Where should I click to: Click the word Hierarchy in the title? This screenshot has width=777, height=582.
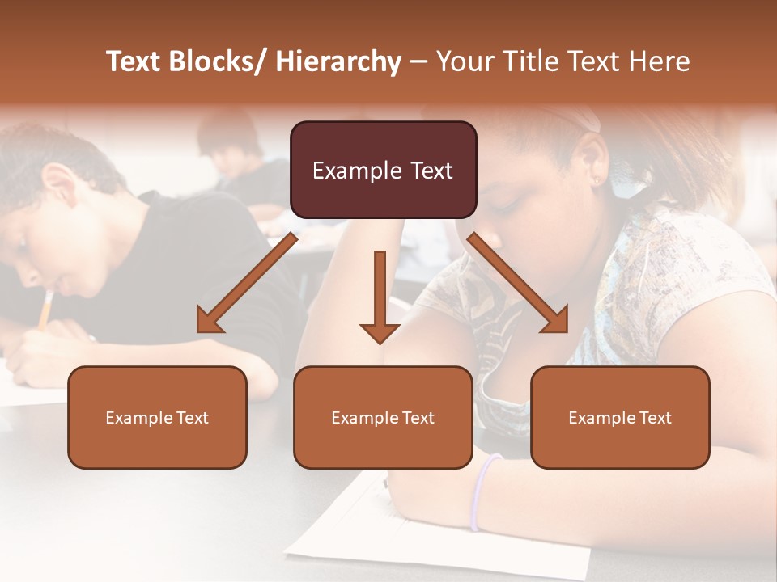coord(338,62)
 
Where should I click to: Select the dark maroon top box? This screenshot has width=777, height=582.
coord(383,170)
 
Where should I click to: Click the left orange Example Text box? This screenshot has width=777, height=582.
coord(157,417)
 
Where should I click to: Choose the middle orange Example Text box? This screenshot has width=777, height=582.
coord(383,417)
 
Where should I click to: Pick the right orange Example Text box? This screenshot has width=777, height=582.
coord(620,417)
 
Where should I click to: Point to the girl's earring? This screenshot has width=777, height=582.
coord(598,181)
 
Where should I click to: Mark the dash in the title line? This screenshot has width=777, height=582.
coord(418,62)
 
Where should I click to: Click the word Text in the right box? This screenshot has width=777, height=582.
coord(655,418)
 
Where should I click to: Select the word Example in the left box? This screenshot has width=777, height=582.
coord(139,418)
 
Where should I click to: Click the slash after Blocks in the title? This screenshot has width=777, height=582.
coord(263,62)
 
